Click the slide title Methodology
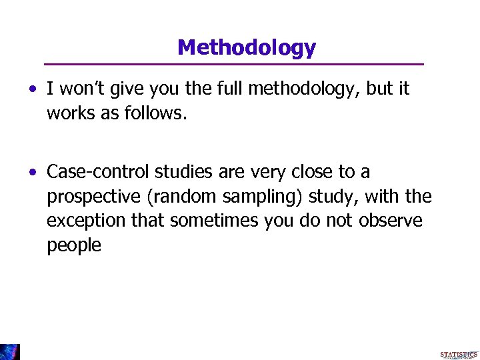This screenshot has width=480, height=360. point(247,47)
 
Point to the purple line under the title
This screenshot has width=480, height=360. point(233,64)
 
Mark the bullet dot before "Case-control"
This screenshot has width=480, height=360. point(33,173)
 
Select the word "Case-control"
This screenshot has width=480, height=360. point(98,172)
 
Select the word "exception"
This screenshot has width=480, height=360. point(87,221)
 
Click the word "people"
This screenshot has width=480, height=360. point(74,245)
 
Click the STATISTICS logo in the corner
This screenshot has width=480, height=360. point(459,355)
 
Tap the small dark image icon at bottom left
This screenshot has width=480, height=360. point(10,352)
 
